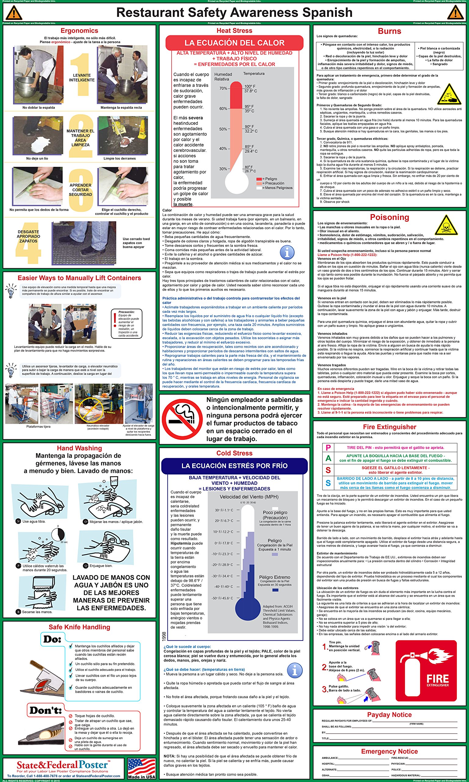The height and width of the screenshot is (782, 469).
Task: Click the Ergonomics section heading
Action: [x=79, y=31]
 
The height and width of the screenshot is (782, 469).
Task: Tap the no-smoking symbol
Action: [x=182, y=419]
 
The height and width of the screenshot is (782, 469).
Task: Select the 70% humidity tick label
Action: [x=223, y=88]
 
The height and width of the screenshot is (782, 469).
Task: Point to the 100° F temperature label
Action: [x=250, y=86]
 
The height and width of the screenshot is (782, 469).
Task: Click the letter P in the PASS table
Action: [x=328, y=448]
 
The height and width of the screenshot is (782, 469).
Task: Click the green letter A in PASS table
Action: [x=328, y=458]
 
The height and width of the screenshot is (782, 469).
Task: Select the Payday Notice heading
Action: [x=389, y=715]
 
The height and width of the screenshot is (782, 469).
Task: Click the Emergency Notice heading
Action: [x=389, y=751]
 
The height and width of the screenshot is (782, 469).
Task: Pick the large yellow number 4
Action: [x=28, y=243]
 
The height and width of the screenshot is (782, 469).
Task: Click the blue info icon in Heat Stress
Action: [x=287, y=253]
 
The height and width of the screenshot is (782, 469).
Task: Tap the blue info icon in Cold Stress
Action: [x=295, y=671]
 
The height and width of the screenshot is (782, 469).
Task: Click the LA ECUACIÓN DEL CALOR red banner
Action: [x=234, y=43]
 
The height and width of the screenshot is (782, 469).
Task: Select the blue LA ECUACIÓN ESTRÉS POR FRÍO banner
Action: [x=234, y=466]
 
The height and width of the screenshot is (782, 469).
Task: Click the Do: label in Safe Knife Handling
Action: [x=53, y=639]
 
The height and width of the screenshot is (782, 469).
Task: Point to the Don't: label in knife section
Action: [x=45, y=710]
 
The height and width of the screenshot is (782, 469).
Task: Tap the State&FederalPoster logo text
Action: [x=62, y=765]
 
